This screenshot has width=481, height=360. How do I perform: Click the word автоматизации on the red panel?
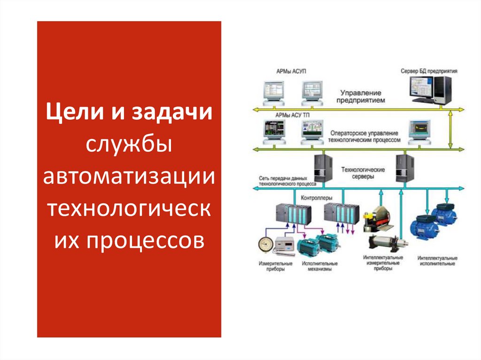point(129,177)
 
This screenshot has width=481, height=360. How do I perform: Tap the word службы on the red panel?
point(129,146)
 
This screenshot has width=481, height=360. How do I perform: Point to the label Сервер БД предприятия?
point(429,71)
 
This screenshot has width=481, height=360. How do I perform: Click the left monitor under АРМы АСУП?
point(274,92)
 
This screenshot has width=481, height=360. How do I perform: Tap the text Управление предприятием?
point(361,97)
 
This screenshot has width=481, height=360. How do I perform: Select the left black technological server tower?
point(322,168)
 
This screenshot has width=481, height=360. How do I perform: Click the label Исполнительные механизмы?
point(320,266)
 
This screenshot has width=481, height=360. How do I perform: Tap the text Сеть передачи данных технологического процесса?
point(283,181)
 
